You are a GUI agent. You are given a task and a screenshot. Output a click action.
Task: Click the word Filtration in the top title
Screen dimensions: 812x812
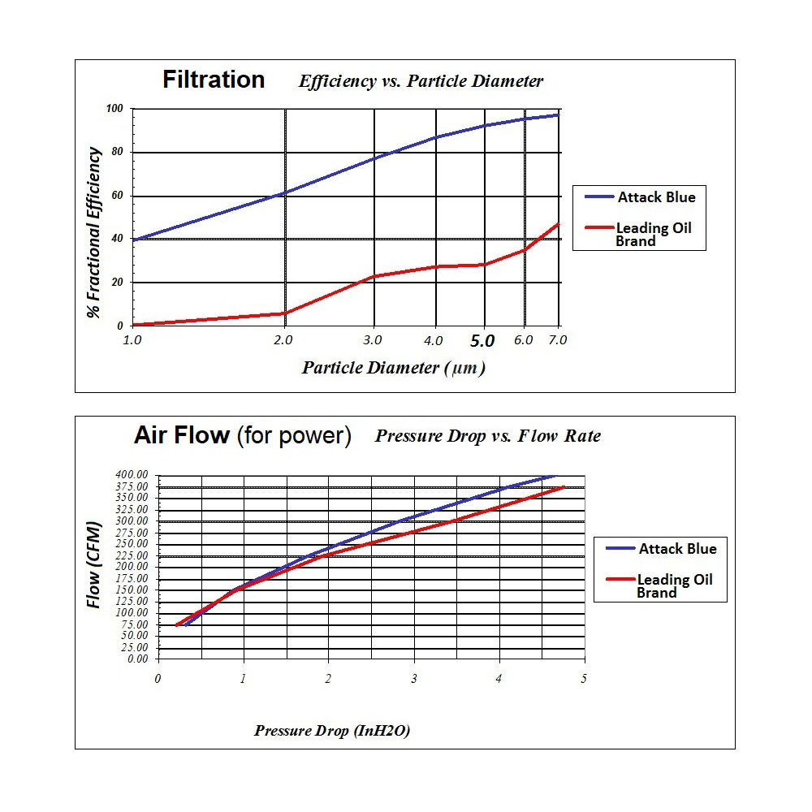214,80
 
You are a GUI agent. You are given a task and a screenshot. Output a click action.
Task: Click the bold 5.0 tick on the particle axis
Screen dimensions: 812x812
483,341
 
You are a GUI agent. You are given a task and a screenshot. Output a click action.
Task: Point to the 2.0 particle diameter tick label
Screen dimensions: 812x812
284,340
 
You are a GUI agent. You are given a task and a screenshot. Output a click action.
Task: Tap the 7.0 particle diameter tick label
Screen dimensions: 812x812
557,340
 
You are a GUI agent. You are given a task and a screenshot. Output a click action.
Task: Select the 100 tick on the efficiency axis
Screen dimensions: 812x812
114,109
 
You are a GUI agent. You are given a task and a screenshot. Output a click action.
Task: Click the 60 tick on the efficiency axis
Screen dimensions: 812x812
116,196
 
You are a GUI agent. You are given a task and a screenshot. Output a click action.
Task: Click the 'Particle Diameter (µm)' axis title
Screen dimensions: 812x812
393,368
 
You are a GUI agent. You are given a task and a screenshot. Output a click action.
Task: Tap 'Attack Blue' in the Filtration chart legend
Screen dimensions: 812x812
656,197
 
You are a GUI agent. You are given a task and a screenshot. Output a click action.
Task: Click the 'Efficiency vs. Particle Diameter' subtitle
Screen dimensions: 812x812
421,81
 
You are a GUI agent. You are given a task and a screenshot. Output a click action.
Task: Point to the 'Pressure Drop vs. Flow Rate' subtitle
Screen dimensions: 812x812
487,436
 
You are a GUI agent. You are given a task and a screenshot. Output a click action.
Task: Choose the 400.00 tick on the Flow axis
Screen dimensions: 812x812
132,474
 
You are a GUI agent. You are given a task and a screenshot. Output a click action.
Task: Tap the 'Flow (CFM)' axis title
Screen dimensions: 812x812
95,566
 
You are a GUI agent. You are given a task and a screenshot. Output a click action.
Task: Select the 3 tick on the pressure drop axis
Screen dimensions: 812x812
413,678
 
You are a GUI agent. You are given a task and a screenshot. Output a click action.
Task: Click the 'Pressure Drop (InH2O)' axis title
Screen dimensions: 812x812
332,730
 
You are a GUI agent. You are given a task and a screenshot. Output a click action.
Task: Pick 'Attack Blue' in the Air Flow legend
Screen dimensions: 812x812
677,549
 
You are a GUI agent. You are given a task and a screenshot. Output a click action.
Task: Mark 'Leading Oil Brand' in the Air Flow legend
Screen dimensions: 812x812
674,586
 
